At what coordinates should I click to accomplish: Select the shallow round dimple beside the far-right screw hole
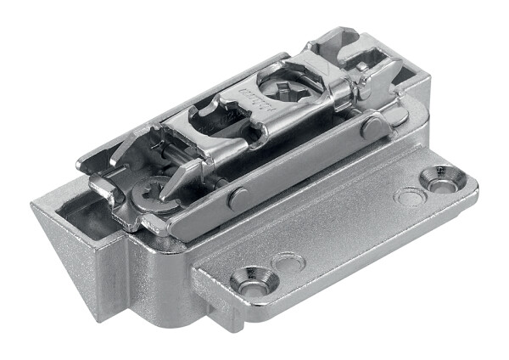(411, 197)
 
